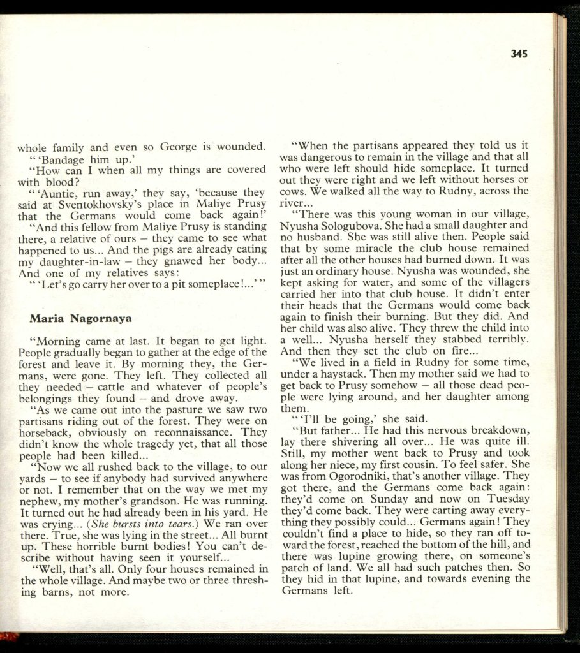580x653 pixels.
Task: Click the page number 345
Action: tap(519, 54)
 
